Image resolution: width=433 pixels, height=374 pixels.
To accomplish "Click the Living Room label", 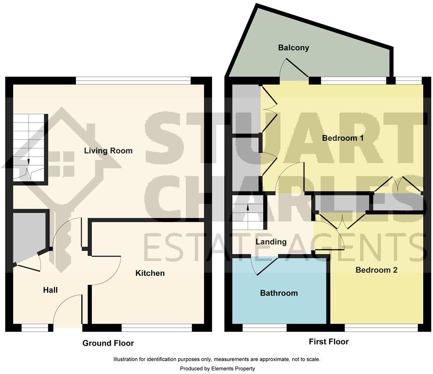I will [x=108, y=151].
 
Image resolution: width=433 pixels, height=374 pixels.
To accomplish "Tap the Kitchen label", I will [x=150, y=273].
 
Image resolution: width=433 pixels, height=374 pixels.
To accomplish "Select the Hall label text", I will [x=50, y=290].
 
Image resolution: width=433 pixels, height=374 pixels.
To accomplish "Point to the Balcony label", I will [x=294, y=48].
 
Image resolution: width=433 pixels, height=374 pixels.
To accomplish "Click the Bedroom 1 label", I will [x=343, y=138].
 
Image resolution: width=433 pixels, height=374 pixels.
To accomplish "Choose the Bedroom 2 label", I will [x=376, y=270].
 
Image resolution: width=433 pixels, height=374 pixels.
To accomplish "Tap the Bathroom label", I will [x=279, y=293].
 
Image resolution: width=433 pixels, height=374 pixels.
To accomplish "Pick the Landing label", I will [x=271, y=242].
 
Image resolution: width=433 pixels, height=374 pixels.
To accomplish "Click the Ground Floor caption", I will [x=108, y=343].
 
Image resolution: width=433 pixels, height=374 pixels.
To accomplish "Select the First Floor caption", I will [x=328, y=342].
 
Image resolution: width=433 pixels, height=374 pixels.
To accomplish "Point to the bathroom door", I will [x=264, y=266].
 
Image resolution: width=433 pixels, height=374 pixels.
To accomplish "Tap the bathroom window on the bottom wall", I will [x=264, y=328].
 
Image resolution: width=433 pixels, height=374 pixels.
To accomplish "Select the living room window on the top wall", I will [x=133, y=80].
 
